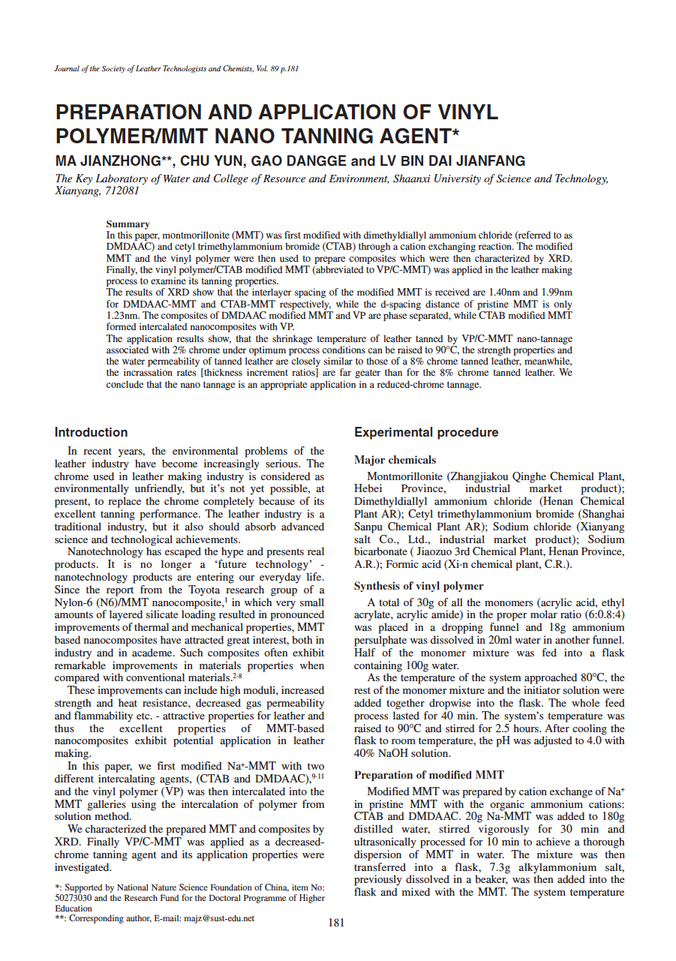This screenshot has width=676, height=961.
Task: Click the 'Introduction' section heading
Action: pos(91,433)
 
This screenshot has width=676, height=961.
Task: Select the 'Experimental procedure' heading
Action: pos(425,433)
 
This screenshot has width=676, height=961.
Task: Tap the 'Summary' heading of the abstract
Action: pos(128,224)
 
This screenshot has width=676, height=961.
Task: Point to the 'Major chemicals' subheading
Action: pos(395,460)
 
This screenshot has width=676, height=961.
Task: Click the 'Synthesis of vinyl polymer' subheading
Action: pos(419,586)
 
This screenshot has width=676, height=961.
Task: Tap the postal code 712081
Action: pos(120,191)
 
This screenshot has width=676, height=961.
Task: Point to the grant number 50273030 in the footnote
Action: pos(74,897)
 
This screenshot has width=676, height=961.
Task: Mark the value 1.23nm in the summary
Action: pos(121,316)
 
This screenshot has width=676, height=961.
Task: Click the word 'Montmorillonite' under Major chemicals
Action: pos(405,476)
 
